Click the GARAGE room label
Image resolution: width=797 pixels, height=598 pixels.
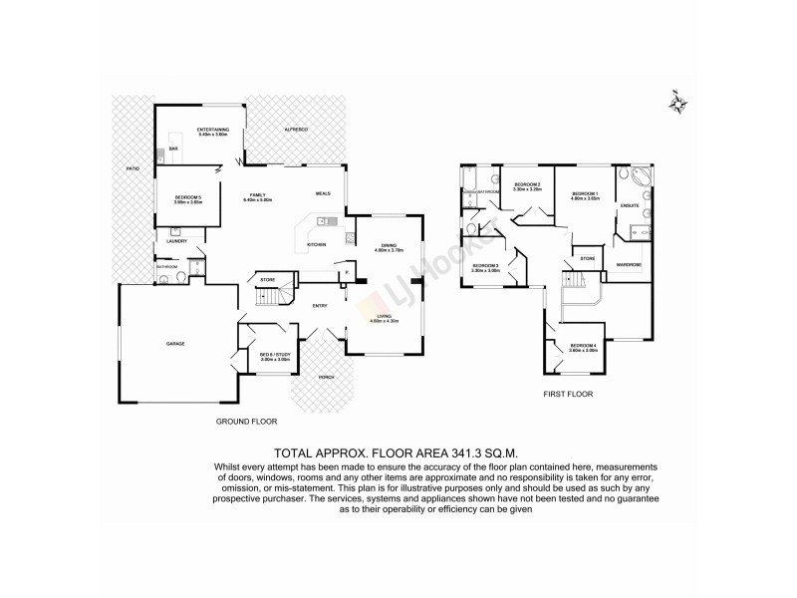point(175,344)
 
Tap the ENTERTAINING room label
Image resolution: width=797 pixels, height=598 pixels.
point(213,130)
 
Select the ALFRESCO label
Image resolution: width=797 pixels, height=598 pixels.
point(296,130)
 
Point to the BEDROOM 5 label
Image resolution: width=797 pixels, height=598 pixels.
point(188,198)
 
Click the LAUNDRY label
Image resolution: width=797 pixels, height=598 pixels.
point(178,240)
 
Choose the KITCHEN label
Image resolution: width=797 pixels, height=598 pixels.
point(317,244)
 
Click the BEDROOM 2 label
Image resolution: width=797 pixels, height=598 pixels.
point(527,185)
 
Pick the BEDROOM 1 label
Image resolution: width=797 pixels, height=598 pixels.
point(584,194)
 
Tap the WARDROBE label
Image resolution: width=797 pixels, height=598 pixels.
point(628,265)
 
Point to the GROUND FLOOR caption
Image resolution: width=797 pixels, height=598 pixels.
point(246,422)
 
